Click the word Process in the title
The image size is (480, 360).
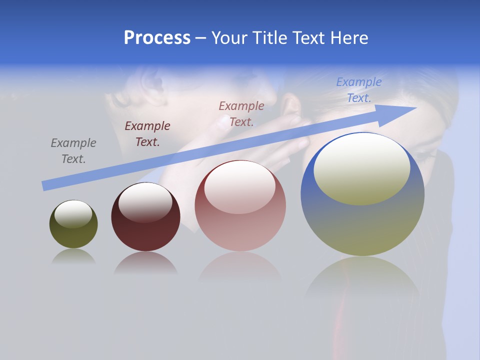point(157,38)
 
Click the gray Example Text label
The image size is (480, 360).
point(73,150)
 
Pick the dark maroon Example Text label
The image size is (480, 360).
point(147,134)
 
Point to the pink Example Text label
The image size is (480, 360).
point(241,113)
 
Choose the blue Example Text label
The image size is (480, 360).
point(359,90)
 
